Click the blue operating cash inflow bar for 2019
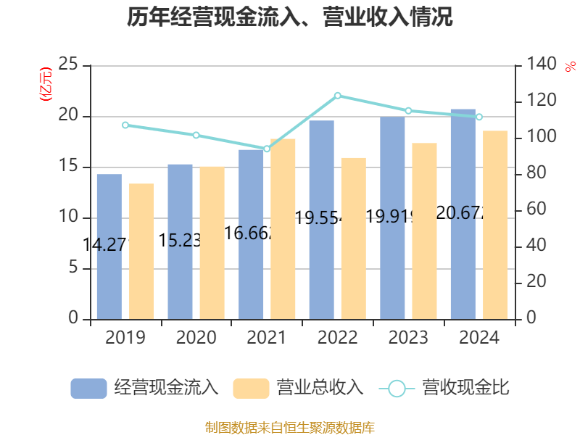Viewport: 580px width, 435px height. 109,246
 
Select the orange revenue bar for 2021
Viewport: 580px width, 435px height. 283,228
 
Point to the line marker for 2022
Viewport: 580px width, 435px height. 337,96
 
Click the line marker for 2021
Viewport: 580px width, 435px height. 267,149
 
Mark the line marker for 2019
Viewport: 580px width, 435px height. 125,125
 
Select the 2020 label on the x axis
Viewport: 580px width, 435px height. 196,338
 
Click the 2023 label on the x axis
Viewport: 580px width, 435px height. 408,338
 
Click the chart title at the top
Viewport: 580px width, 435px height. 290,17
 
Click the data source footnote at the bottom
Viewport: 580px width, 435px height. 290,427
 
